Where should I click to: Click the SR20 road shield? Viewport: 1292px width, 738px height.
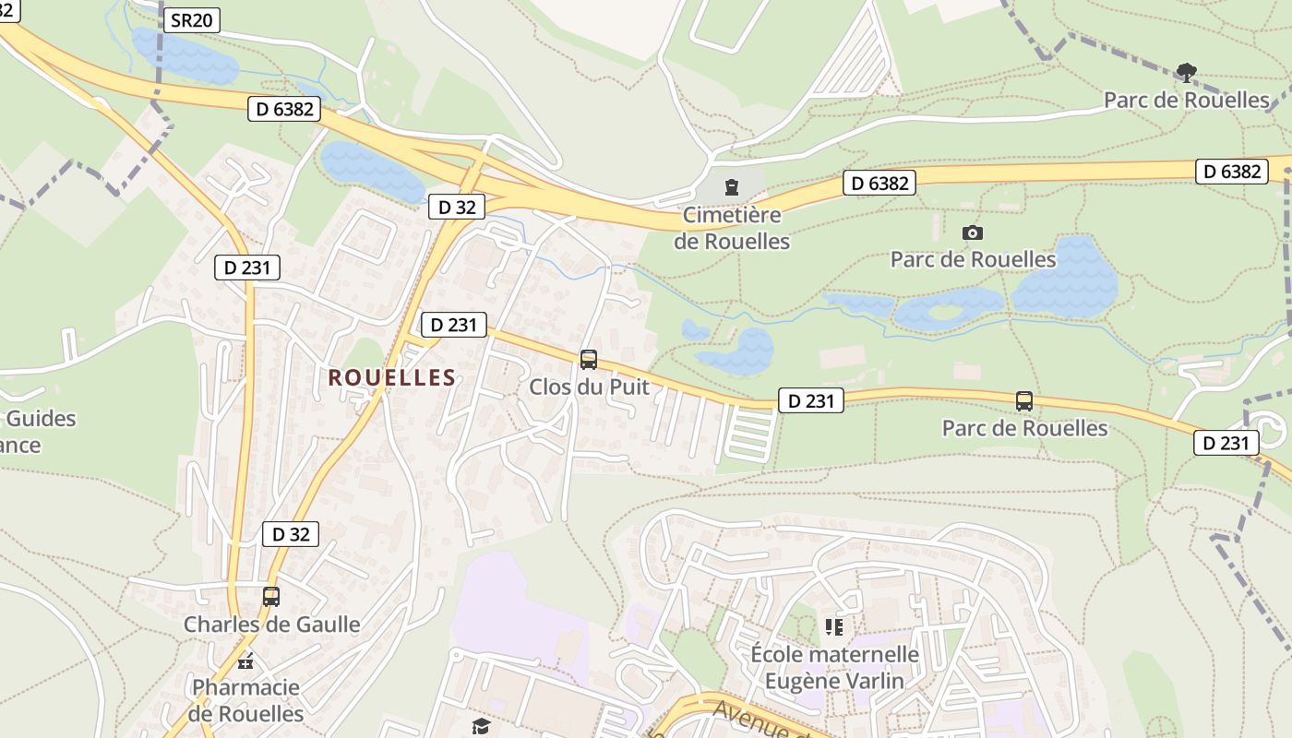pyautogui.click(x=192, y=20)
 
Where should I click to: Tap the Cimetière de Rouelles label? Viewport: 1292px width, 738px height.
pyautogui.click(x=732, y=228)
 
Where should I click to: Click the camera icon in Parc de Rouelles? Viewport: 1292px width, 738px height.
pyautogui.click(x=973, y=232)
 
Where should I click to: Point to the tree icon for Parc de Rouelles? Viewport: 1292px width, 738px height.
pyautogui.click(x=1187, y=72)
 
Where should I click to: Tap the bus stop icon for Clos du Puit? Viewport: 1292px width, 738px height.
pyautogui.click(x=589, y=360)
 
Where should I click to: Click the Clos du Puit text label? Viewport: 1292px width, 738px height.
pyautogui.click(x=589, y=387)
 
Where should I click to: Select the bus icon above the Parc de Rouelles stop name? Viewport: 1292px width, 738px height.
pyautogui.click(x=1024, y=401)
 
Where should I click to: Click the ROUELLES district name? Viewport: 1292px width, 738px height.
pyautogui.click(x=392, y=377)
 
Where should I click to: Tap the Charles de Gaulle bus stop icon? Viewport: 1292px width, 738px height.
pyautogui.click(x=270, y=597)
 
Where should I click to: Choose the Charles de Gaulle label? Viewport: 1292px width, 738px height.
pyautogui.click(x=271, y=625)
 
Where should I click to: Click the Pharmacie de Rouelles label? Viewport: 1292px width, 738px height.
pyautogui.click(x=245, y=700)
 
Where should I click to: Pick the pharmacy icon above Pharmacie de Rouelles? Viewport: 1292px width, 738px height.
pyautogui.click(x=245, y=661)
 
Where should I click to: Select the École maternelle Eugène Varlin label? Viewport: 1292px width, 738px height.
pyautogui.click(x=834, y=668)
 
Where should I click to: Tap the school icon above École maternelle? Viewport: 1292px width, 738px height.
pyautogui.click(x=834, y=628)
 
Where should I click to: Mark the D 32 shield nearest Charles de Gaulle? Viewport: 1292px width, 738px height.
pyautogui.click(x=291, y=534)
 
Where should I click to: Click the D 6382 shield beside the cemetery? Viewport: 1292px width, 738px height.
pyautogui.click(x=879, y=184)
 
